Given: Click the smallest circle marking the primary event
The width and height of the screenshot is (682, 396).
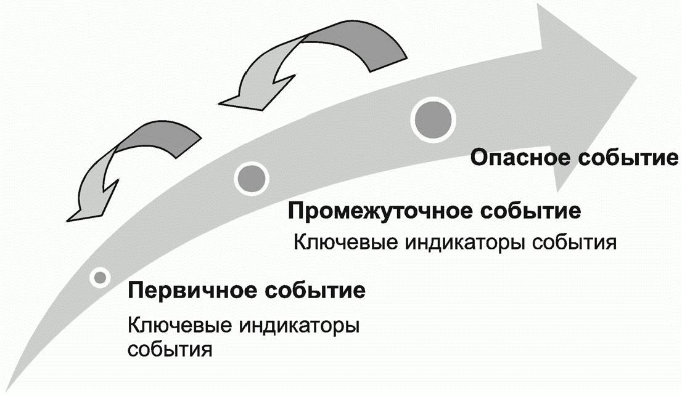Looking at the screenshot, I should (x=99, y=278).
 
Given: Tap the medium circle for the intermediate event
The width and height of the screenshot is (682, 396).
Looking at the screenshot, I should (x=252, y=177).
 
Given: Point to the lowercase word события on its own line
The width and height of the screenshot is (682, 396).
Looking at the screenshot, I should (x=170, y=349).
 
